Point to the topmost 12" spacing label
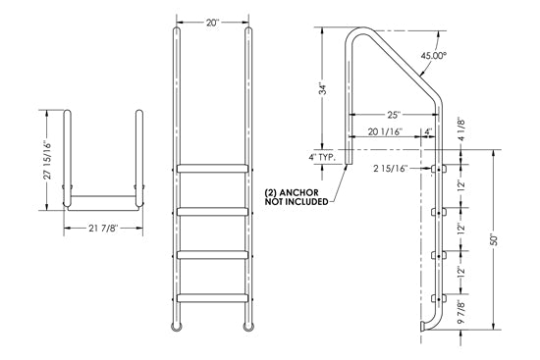[473, 188]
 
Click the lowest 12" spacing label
[473, 272]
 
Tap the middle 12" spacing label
[473, 230]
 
